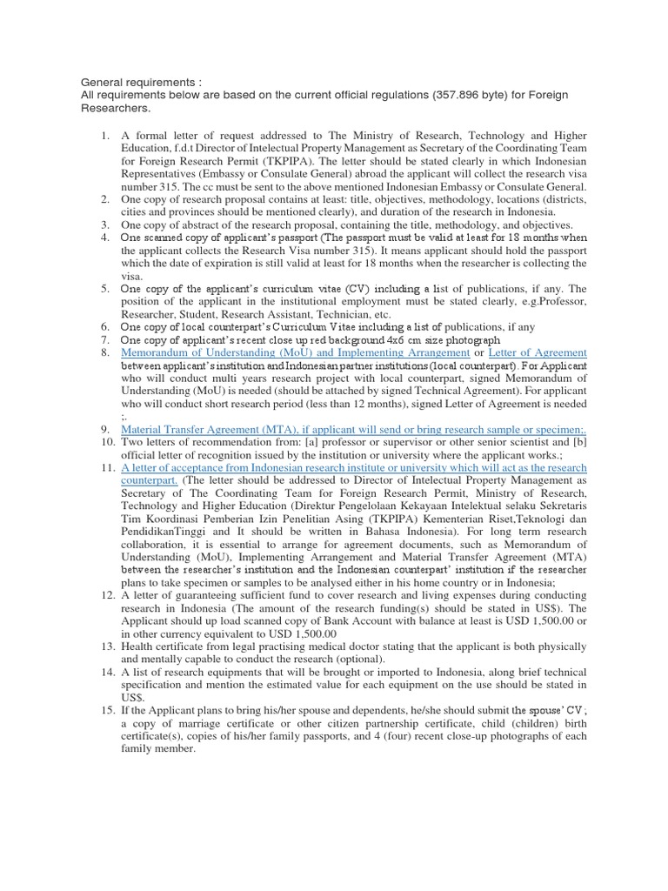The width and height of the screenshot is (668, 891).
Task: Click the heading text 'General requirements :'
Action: pos(129,82)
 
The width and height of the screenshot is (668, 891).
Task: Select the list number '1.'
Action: pos(103,137)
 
